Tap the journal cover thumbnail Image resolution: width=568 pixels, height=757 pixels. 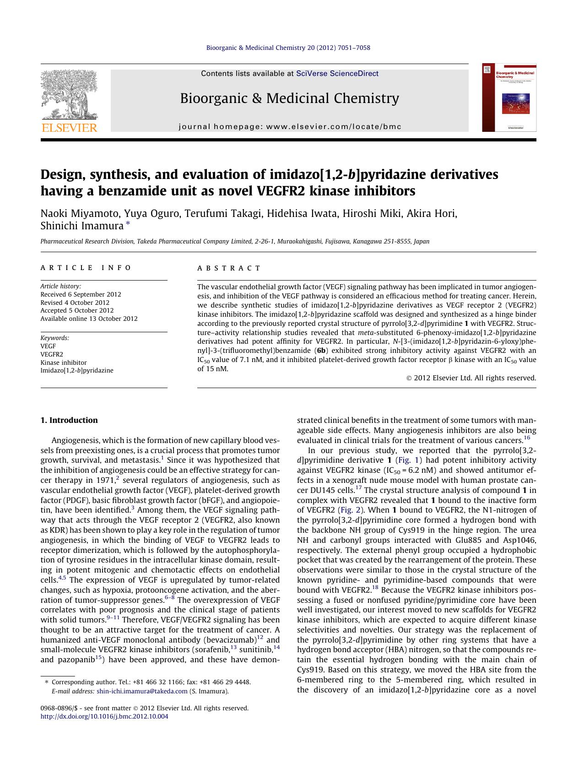pos(508,98)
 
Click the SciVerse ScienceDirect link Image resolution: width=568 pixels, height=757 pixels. pos(337,73)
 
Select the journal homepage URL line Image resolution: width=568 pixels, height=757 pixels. pos(290,127)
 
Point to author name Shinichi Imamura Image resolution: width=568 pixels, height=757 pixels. pos(82,226)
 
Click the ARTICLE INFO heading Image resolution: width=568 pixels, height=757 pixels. pos(86,268)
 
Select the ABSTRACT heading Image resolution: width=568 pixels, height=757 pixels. pos(229,268)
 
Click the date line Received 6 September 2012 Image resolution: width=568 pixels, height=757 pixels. pos(81,294)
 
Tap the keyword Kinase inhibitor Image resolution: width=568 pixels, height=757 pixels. pos(63,362)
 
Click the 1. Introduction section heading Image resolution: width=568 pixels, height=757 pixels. pos(69,420)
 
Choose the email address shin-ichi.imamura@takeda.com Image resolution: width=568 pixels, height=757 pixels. pos(142,691)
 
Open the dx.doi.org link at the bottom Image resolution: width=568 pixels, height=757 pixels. pos(104,716)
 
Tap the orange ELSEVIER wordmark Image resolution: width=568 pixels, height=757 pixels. pos(69,128)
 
